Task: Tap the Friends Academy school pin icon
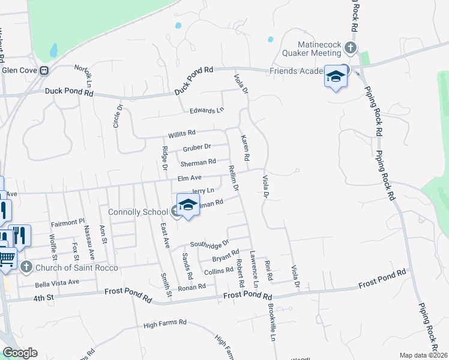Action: click(x=336, y=77)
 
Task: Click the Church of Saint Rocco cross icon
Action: click(x=26, y=267)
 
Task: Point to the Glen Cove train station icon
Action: click(x=44, y=70)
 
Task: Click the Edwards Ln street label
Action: click(x=206, y=110)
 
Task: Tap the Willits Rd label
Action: click(x=182, y=133)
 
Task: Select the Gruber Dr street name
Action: click(x=197, y=147)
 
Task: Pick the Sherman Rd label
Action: click(x=197, y=163)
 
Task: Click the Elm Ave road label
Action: click(x=189, y=178)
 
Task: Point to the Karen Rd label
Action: click(x=245, y=148)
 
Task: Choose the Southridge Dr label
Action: click(x=209, y=244)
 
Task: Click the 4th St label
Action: click(x=44, y=298)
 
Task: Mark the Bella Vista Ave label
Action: click(x=56, y=282)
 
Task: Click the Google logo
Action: click(x=20, y=353)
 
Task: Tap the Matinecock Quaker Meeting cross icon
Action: click(x=351, y=47)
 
